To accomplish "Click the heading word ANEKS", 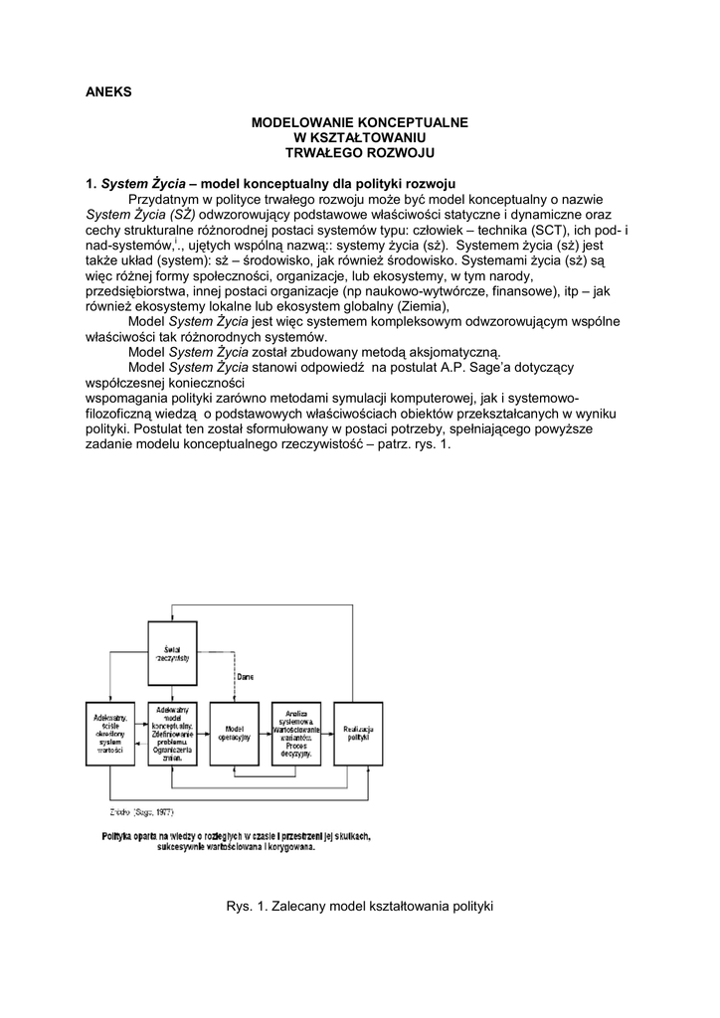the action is (x=108, y=92).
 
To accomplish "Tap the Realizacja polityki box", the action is (x=357, y=733).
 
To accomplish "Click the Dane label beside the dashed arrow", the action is (x=244, y=676).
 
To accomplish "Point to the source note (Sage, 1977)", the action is (x=146, y=812).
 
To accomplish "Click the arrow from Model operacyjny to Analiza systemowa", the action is (x=265, y=733).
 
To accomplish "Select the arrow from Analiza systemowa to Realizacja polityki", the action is (x=327, y=733).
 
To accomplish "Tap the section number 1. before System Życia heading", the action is (x=90, y=184).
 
